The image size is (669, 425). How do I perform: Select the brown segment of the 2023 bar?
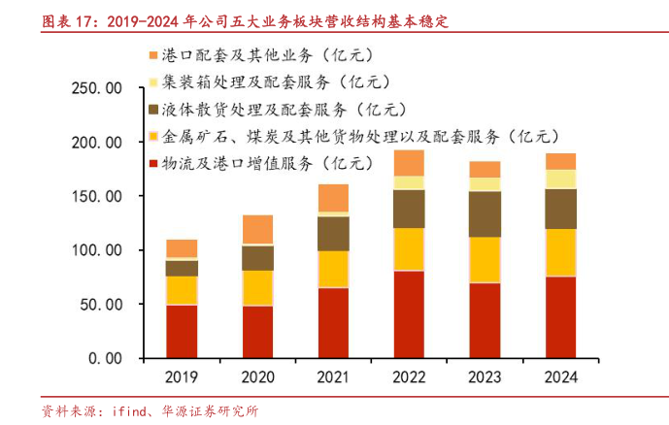[485, 213]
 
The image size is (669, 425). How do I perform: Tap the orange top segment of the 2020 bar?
[257, 229]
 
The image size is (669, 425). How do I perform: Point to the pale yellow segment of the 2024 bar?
[560, 179]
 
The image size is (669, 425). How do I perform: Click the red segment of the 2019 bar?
[182, 331]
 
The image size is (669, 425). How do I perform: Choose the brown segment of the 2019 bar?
[182, 268]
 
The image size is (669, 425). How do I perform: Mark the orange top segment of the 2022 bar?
[409, 162]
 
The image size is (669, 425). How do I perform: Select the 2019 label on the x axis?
[182, 377]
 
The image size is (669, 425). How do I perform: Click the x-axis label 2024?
[560, 377]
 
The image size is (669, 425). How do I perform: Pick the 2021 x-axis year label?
[333, 377]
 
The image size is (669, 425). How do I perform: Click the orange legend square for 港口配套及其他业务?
[153, 55]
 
